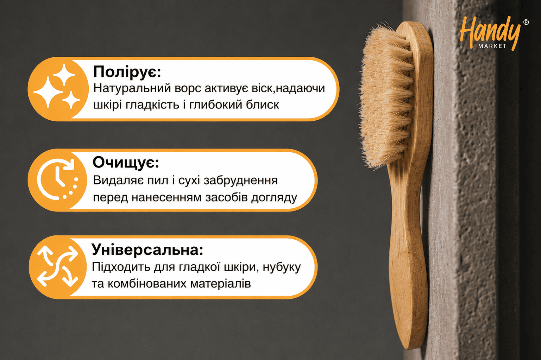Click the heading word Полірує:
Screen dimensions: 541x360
[x=127, y=72]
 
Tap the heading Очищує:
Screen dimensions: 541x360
[x=126, y=163]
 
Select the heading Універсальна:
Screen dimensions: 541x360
[x=147, y=250]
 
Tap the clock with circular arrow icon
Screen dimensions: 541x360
[x=57, y=179]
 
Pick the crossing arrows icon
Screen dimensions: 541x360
[x=58, y=266]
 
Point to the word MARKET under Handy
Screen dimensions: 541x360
[x=492, y=46]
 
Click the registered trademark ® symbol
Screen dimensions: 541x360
[x=526, y=22]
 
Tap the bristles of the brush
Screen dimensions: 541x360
[x=386, y=96]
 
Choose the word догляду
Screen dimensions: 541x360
[x=274, y=198]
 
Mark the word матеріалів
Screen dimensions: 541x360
[x=220, y=284]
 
